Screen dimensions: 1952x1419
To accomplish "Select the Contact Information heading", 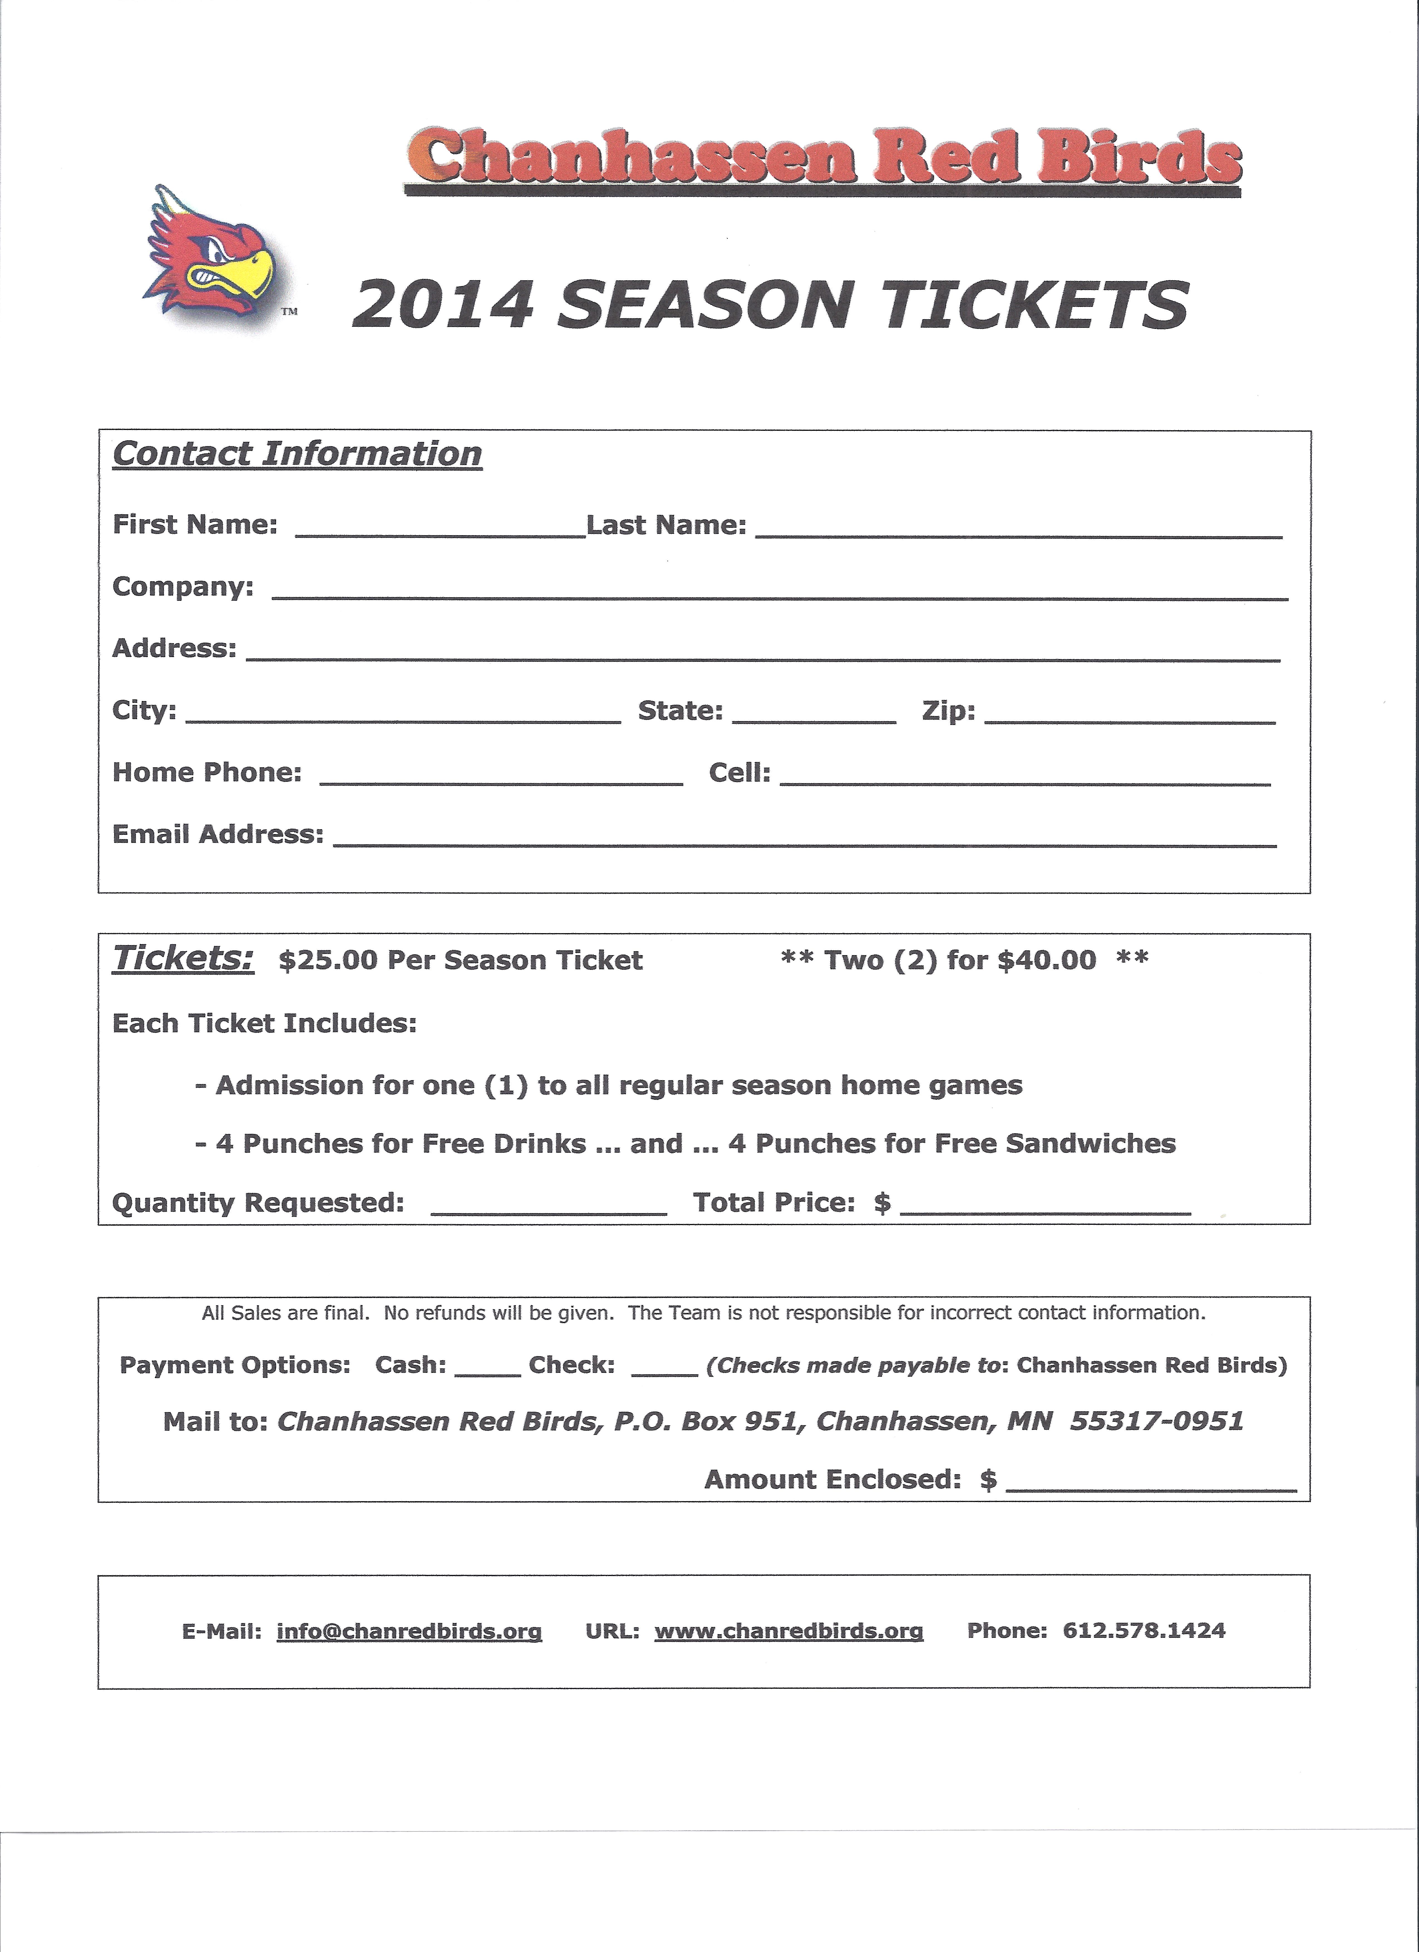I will pyautogui.click(x=297, y=454).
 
